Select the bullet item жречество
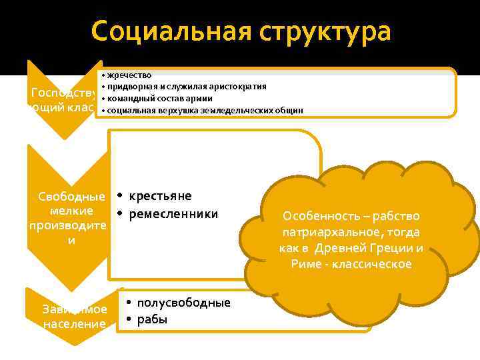[129, 75]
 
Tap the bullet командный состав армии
[160, 98]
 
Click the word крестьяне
[160, 195]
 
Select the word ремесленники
[173, 213]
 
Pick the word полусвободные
[183, 303]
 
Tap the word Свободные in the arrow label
[67, 197]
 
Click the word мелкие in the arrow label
[67, 211]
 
